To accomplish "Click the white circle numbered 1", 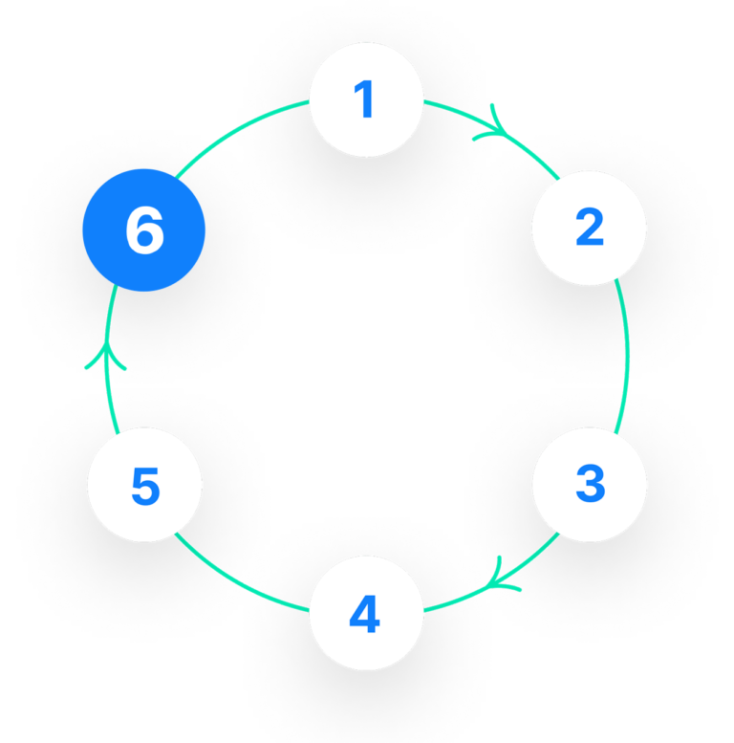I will point(366,100).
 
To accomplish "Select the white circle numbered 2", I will point(589,228).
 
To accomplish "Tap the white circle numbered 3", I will point(589,485).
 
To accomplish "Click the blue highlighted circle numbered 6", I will point(144,229).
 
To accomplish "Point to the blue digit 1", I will point(364,100).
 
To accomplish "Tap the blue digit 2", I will point(590,228).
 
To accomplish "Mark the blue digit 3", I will point(590,485).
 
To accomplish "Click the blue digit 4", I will point(365,616).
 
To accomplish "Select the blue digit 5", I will point(144,487).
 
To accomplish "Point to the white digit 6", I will point(144,230).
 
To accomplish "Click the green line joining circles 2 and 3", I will point(628,357).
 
